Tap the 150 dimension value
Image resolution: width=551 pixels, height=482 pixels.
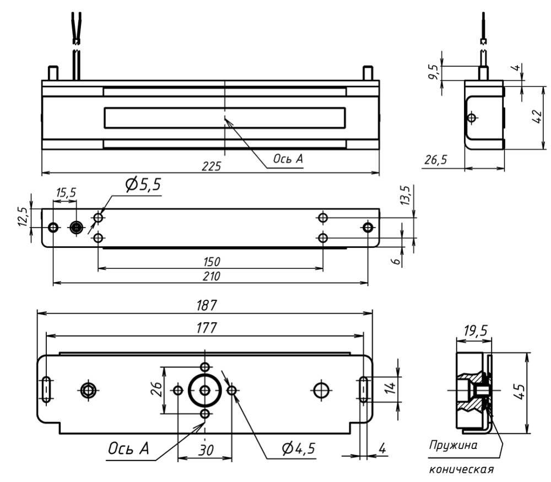coord(210,261)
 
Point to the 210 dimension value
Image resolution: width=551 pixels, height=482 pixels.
coord(210,277)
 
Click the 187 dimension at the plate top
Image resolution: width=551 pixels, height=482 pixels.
coord(204,305)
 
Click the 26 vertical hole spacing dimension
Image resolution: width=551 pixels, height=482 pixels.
coord(156,389)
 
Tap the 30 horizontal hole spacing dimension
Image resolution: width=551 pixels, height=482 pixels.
coord(205,450)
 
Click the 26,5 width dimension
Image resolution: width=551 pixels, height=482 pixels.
coord(436,160)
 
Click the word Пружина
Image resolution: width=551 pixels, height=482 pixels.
coord(453,445)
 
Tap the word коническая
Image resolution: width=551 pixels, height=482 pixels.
coord(461,470)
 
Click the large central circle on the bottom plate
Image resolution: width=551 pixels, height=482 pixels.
coord(205,390)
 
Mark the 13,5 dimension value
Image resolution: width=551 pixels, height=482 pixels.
coord(407,196)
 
